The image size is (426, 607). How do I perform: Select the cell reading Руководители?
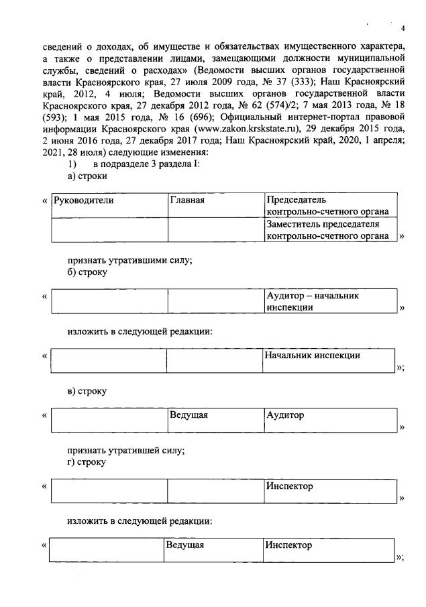(85, 200)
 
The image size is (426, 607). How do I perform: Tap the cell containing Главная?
(187, 200)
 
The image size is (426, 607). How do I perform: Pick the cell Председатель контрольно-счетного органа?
(327, 206)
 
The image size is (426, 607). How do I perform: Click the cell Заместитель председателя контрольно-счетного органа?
(327, 229)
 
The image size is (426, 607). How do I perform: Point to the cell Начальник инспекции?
(313, 355)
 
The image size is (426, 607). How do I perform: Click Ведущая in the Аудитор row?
(189, 415)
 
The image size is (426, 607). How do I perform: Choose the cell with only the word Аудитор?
(285, 415)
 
